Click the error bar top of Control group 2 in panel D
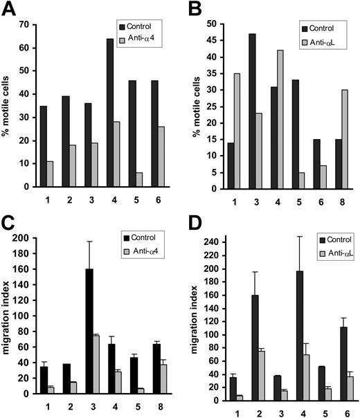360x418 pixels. pos(237,272)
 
